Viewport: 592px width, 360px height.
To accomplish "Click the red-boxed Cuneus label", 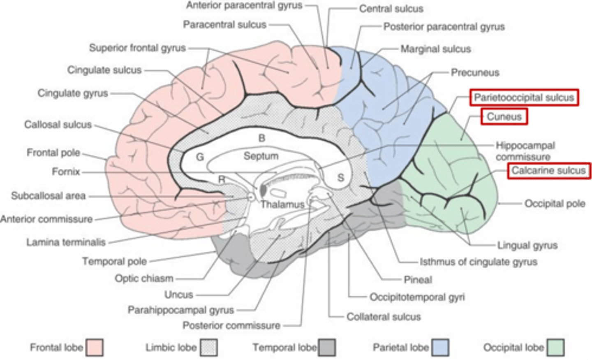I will click(x=504, y=117).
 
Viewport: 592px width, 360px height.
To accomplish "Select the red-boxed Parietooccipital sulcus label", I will click(x=524, y=98).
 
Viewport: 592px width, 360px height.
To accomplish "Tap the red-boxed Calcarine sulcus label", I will click(x=548, y=170).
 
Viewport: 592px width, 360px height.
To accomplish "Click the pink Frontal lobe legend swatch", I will click(x=95, y=347).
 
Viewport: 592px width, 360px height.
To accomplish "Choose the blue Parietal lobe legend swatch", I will click(x=439, y=347).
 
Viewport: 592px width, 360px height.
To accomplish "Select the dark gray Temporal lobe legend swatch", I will click(x=327, y=347).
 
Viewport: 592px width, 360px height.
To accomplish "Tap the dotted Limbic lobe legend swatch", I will click(x=208, y=347).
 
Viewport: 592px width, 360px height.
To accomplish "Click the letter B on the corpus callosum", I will click(x=261, y=138).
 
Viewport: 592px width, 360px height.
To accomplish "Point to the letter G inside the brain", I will click(x=200, y=157).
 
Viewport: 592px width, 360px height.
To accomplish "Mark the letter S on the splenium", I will click(x=340, y=178).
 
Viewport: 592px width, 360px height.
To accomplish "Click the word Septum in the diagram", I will click(x=261, y=156).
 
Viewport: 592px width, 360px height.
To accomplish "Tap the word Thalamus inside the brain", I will click(x=282, y=204).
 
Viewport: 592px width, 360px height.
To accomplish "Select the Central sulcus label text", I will click(x=391, y=9).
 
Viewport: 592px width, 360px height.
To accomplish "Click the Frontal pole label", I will click(x=53, y=153).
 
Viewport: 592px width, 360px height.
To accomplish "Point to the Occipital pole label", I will click(x=555, y=204).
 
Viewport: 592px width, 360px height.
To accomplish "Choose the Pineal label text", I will click(x=418, y=280).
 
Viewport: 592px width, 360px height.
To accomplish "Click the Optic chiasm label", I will click(x=144, y=278).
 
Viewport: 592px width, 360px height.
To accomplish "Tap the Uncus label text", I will click(x=178, y=295).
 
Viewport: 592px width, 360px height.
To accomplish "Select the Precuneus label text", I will click(x=475, y=73).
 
